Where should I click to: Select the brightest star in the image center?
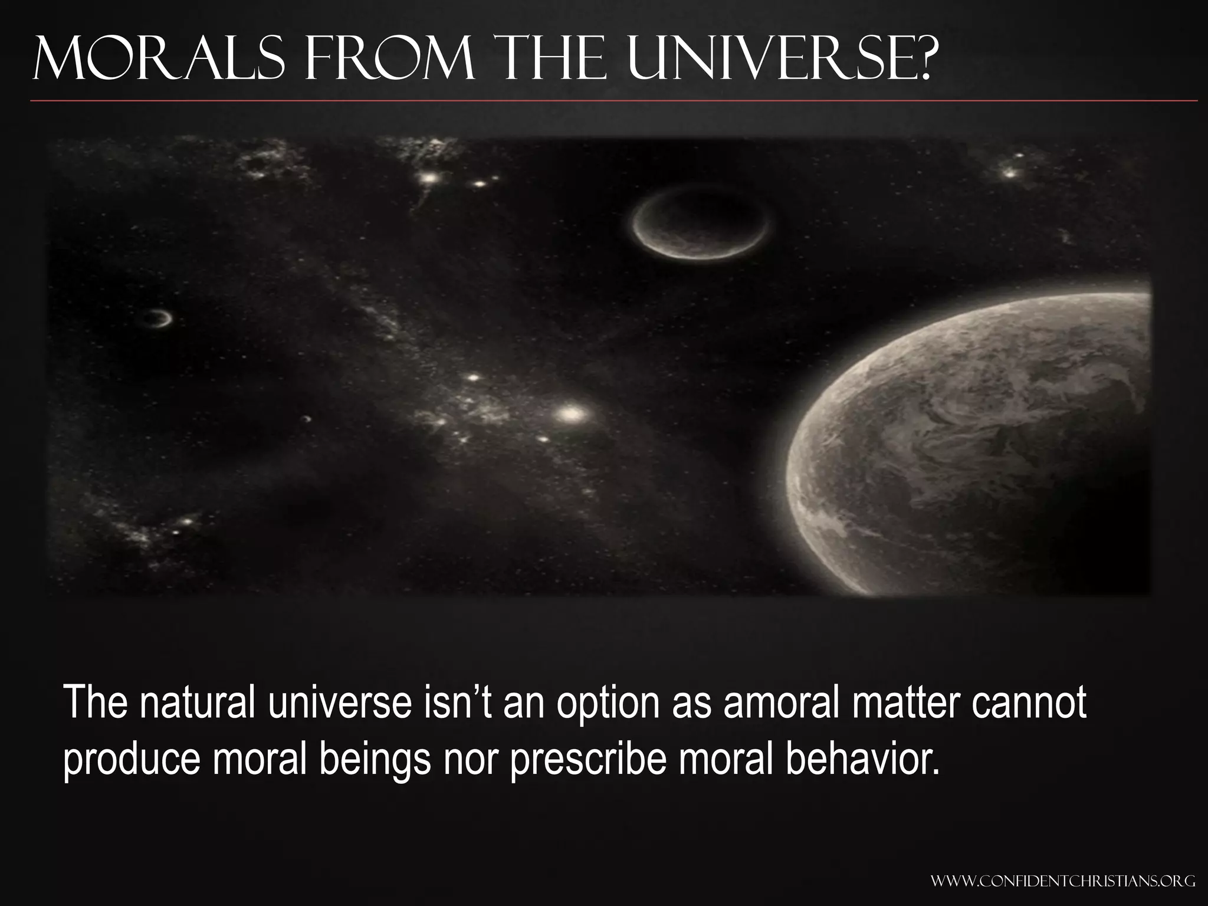point(570,414)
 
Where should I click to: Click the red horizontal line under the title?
point(613,101)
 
